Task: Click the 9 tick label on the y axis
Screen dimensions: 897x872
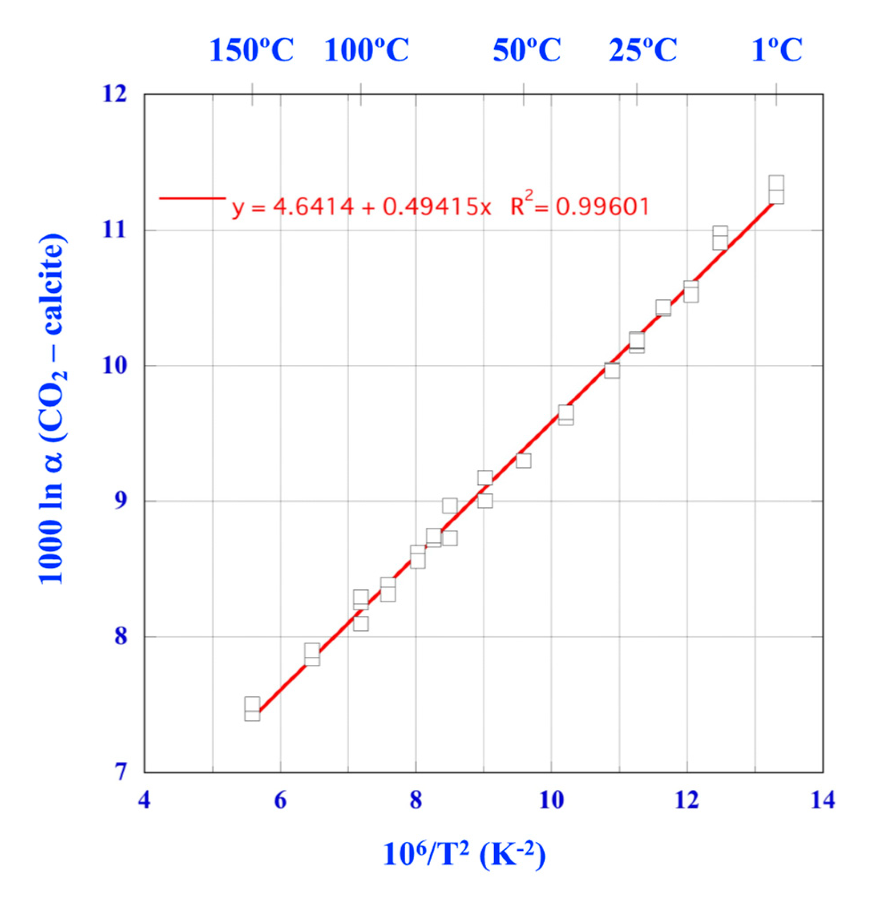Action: click(x=120, y=501)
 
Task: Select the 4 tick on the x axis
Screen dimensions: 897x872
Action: click(x=145, y=800)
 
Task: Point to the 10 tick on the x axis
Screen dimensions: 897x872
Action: click(x=551, y=800)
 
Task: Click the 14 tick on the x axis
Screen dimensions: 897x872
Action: click(x=823, y=800)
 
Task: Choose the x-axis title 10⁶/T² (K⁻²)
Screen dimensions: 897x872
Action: click(x=464, y=854)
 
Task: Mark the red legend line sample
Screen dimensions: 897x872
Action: click(x=192, y=198)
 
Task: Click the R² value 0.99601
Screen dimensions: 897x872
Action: click(x=603, y=206)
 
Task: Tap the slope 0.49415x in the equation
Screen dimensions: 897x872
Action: click(x=436, y=206)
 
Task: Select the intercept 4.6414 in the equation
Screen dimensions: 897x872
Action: click(x=313, y=206)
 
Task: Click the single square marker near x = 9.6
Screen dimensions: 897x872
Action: click(x=524, y=461)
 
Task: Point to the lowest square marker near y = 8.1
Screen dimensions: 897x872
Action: click(x=361, y=623)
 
